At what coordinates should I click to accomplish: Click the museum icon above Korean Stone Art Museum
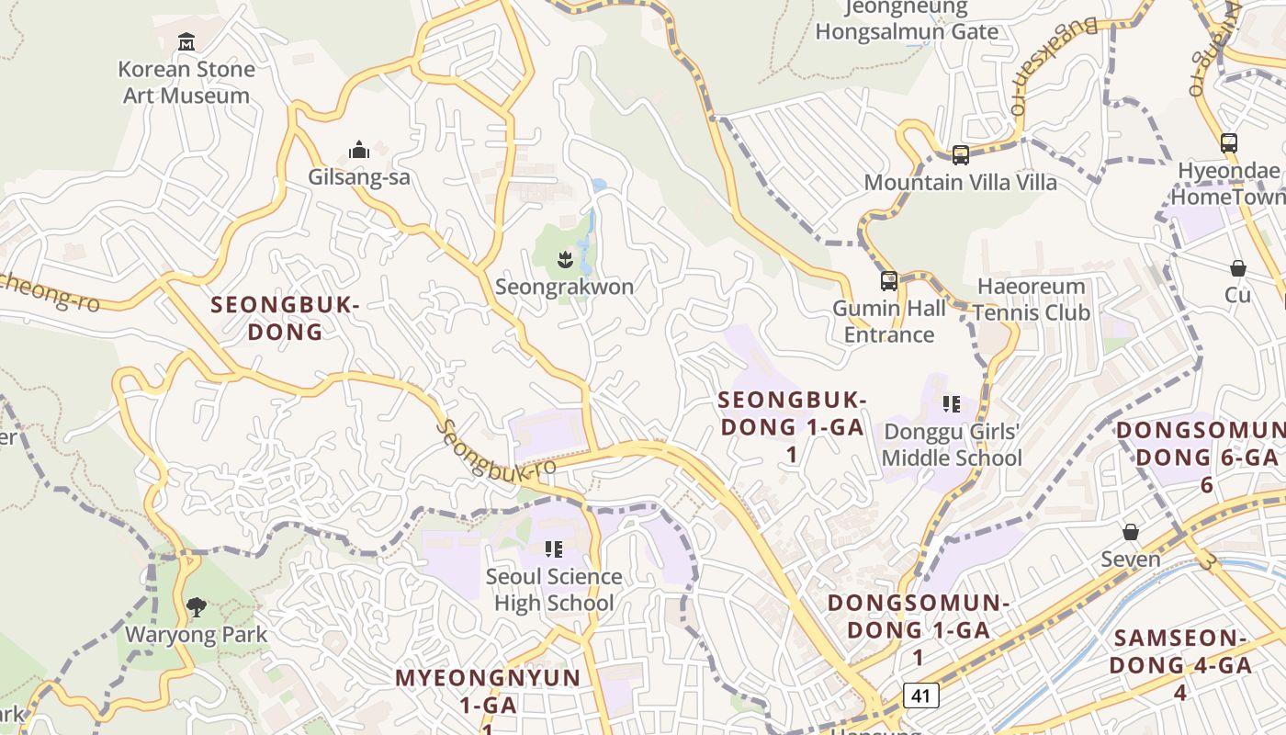click(x=186, y=41)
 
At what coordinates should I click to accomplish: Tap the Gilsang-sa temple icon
click(x=358, y=150)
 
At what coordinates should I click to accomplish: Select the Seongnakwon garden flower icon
click(x=564, y=260)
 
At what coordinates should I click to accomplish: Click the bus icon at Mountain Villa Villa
click(x=960, y=155)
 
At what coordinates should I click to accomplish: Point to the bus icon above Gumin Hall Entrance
click(x=888, y=281)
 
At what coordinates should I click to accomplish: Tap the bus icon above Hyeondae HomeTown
click(x=1229, y=143)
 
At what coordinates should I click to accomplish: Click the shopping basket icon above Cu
click(x=1237, y=268)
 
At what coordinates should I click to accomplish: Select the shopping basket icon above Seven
click(x=1130, y=532)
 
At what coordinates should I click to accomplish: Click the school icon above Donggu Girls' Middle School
click(x=951, y=403)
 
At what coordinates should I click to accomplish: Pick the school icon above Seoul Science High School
click(x=553, y=549)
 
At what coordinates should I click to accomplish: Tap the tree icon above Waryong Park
click(x=196, y=606)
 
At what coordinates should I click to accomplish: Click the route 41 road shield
click(x=920, y=695)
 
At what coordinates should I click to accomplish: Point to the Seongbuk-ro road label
click(x=496, y=449)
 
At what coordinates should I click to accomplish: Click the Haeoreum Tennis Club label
click(x=1031, y=300)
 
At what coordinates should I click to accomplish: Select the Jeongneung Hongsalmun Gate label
click(x=906, y=20)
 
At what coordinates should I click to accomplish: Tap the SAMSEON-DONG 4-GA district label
click(x=1179, y=664)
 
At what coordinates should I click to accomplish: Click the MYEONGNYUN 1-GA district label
click(x=488, y=691)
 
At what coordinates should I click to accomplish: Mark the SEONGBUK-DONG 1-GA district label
click(x=791, y=426)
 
